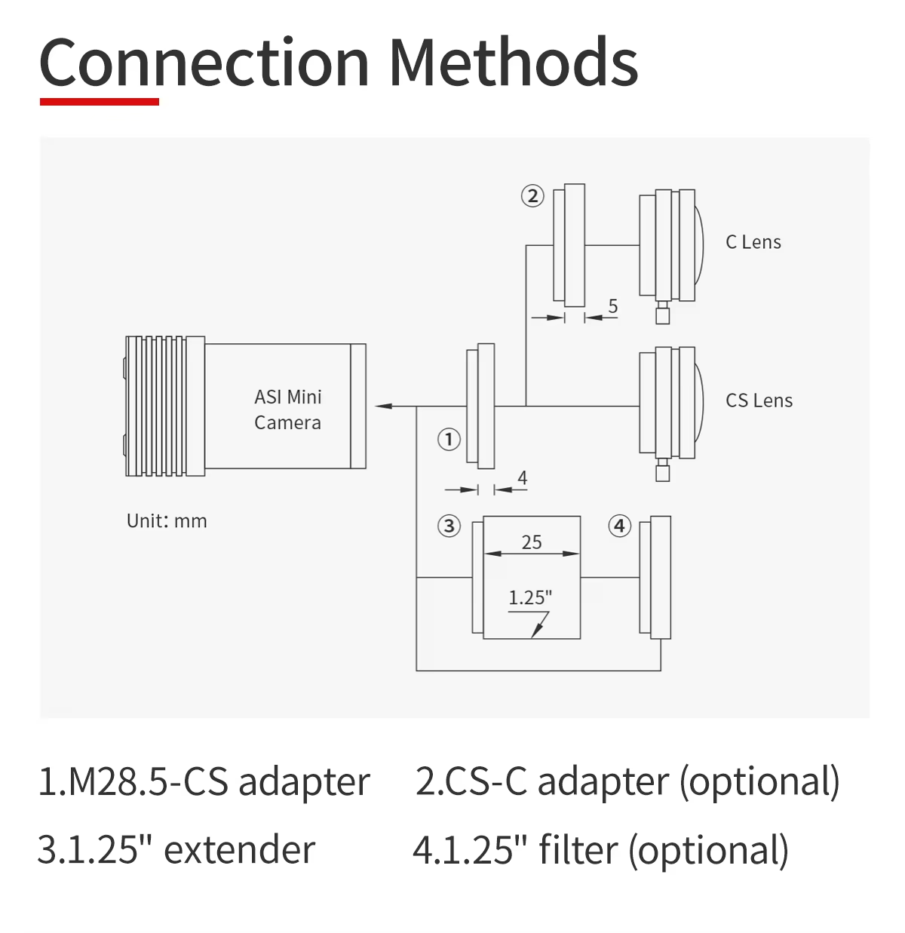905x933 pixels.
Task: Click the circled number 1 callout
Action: click(449, 439)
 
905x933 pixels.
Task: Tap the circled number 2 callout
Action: click(532, 196)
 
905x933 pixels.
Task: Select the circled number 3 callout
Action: click(449, 526)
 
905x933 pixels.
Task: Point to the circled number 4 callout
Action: click(620, 526)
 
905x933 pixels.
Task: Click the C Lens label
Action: click(753, 242)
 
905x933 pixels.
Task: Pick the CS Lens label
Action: click(759, 401)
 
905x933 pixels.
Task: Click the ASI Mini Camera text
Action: click(287, 410)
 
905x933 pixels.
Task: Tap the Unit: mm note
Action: click(167, 521)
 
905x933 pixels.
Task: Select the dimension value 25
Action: click(532, 542)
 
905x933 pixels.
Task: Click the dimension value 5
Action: click(613, 306)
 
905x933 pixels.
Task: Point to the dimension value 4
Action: click(522, 478)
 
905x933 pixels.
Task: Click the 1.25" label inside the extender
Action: click(530, 598)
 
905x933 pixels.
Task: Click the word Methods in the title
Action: click(513, 62)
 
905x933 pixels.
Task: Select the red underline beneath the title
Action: click(100, 101)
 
